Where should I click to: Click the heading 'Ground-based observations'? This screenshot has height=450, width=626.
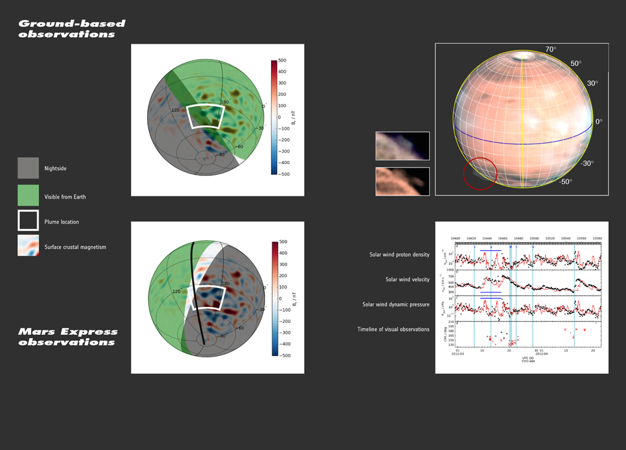click(72, 28)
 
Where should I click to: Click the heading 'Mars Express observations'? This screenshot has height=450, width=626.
click(68, 337)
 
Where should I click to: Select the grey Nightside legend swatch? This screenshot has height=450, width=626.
click(28, 168)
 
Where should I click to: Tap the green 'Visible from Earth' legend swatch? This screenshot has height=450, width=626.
click(28, 196)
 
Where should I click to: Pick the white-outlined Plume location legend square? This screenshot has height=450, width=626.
click(28, 221)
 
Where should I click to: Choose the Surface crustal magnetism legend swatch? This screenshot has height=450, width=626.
click(28, 246)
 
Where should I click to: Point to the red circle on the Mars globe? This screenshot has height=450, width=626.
click(479, 173)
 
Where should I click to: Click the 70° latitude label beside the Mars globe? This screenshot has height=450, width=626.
click(550, 50)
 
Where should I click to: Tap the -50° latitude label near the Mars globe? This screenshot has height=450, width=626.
click(565, 181)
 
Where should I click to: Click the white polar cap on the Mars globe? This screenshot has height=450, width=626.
click(523, 57)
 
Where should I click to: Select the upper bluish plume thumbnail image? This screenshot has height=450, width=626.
click(402, 146)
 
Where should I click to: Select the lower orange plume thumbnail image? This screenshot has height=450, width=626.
click(402, 181)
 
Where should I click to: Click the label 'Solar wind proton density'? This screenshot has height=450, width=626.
click(399, 255)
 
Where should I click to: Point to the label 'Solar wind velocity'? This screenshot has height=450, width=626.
click(407, 279)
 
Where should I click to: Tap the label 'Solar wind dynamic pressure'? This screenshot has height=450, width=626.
click(395, 304)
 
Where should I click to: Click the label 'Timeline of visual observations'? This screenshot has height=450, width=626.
click(393, 329)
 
